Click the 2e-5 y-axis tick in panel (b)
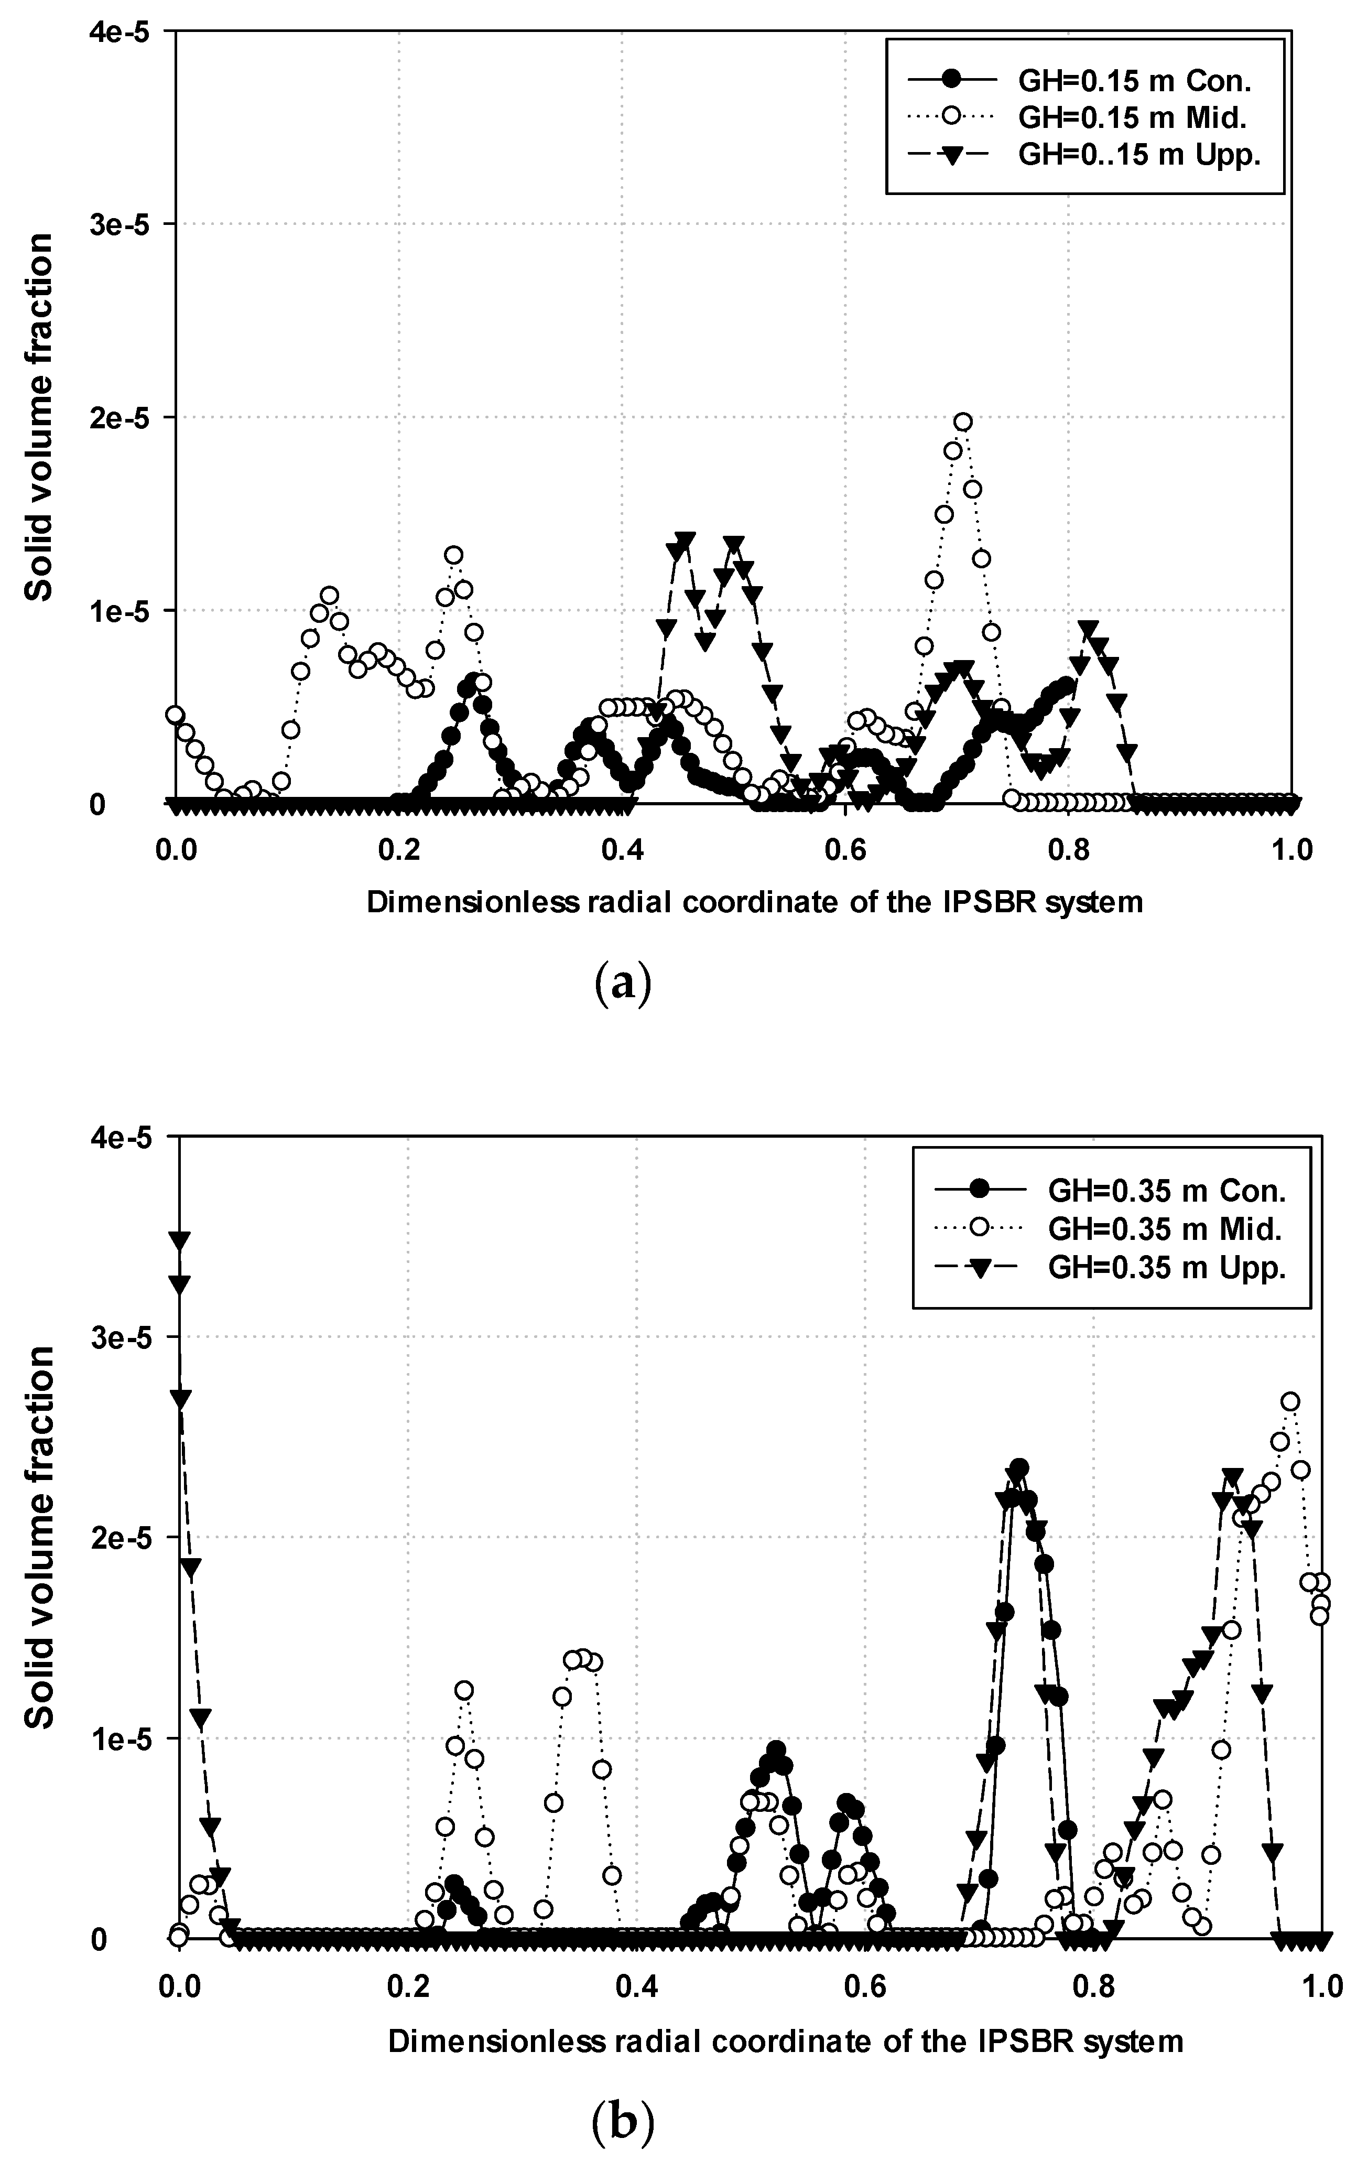[x=135, y=1537]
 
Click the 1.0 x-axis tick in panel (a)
[x=1291, y=849]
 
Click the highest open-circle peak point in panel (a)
[x=962, y=422]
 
